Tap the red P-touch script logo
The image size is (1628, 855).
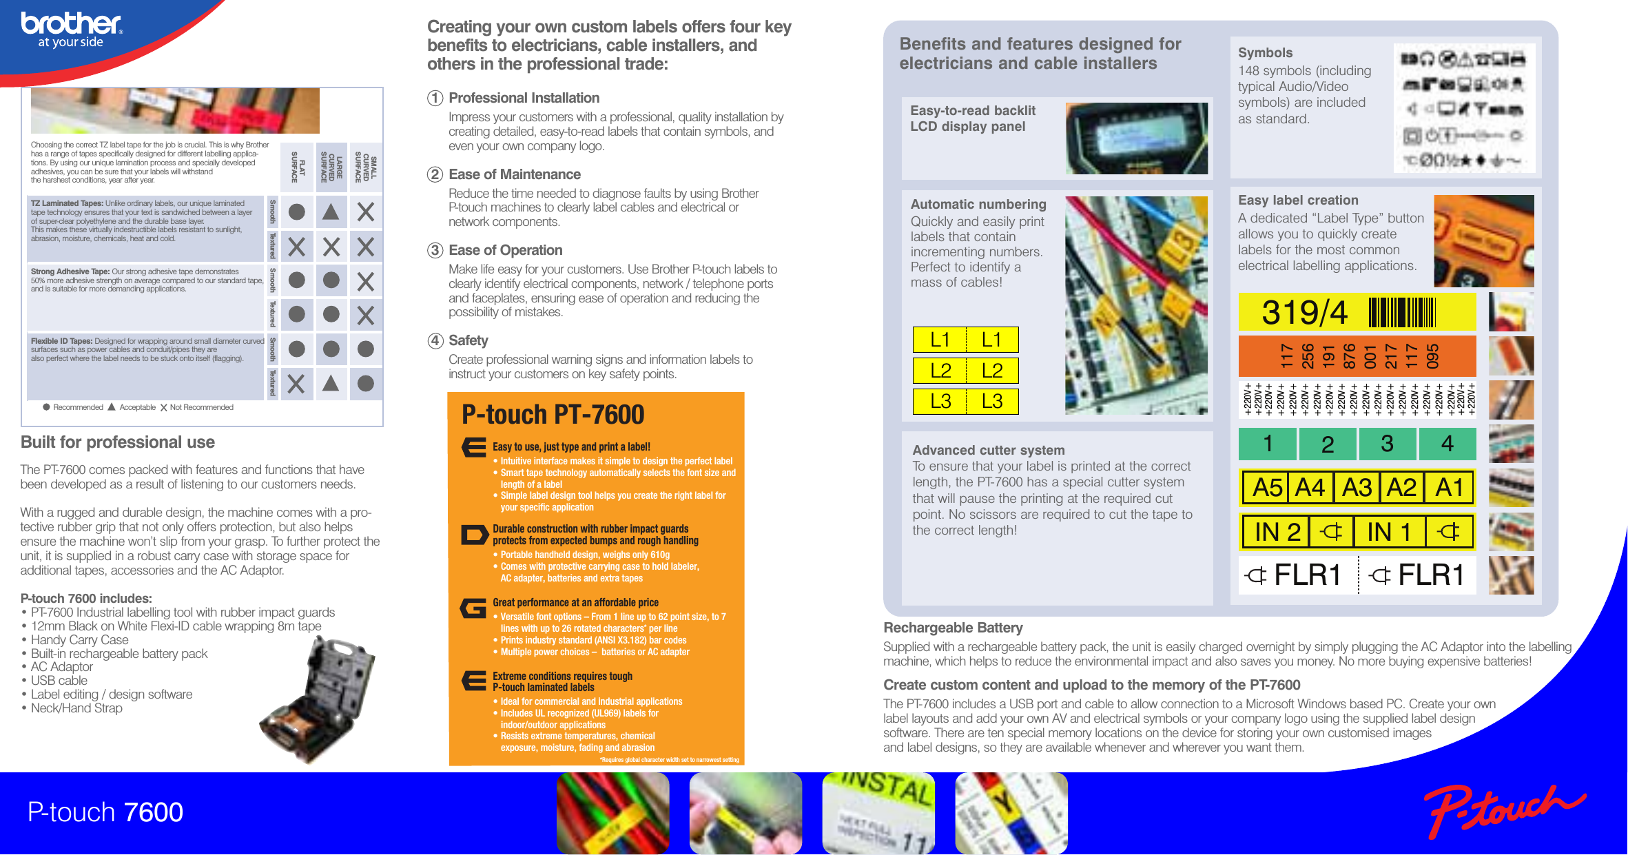(x=1502, y=810)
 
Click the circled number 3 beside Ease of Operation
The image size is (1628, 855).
(x=435, y=250)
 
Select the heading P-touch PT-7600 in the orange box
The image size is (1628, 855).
(x=553, y=415)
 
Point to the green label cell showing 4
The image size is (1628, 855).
(x=1447, y=444)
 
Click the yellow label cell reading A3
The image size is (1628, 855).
(x=1357, y=488)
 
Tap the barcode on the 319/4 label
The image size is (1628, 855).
(x=1401, y=312)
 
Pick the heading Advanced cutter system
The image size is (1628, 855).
(x=988, y=450)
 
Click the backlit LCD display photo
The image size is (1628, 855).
(x=1136, y=138)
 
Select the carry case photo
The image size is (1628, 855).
(x=319, y=699)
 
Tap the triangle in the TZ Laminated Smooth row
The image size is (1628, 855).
(x=331, y=212)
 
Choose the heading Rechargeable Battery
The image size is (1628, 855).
(x=953, y=628)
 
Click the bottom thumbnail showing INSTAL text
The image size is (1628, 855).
(x=878, y=813)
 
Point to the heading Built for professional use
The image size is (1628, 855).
(x=118, y=442)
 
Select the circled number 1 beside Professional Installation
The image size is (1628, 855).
(x=435, y=98)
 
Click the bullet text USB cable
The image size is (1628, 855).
(x=59, y=681)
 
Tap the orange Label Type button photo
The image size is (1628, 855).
(x=1483, y=240)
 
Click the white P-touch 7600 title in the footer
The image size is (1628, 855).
(x=105, y=812)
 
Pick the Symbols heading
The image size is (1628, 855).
(x=1265, y=52)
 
